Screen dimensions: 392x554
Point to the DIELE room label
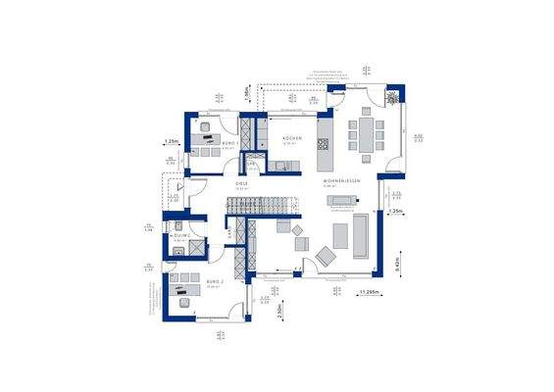[x=239, y=181]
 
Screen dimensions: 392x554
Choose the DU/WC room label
[x=181, y=235]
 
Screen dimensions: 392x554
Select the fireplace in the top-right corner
[x=392, y=98]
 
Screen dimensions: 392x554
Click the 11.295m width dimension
[x=370, y=293]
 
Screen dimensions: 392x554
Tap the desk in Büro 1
[x=207, y=140]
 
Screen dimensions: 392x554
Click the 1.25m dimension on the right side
[x=395, y=211]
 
